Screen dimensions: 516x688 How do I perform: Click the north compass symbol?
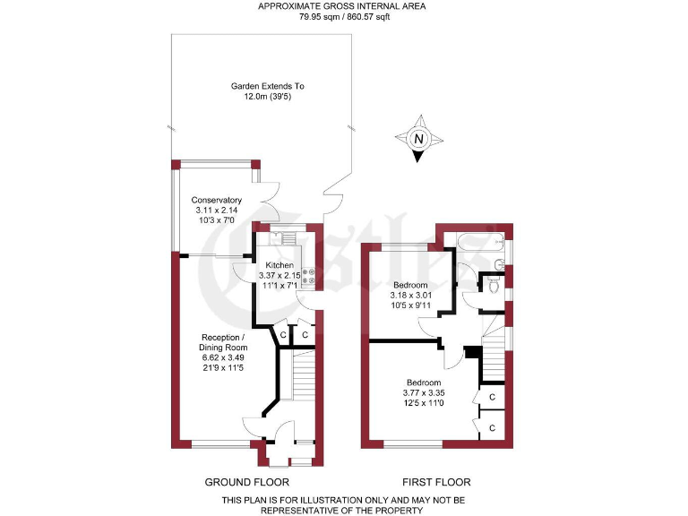[x=417, y=140]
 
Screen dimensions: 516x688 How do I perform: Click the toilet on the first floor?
[x=492, y=285]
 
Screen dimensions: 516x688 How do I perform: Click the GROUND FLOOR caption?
[x=246, y=482]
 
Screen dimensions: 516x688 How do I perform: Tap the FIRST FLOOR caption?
[x=436, y=482]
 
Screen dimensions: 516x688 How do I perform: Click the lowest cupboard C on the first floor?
[x=491, y=428]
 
